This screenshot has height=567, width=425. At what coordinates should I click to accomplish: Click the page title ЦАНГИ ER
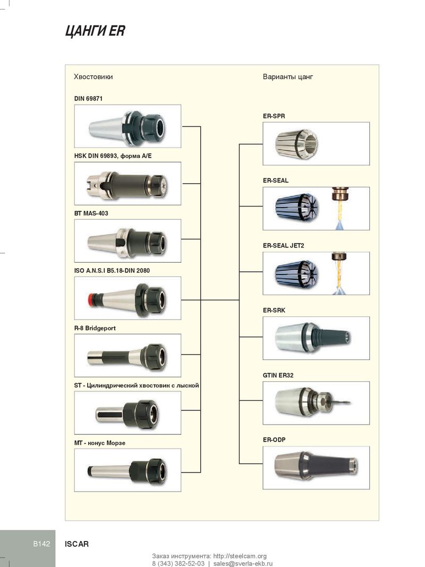point(95,31)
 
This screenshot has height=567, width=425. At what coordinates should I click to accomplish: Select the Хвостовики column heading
point(93,76)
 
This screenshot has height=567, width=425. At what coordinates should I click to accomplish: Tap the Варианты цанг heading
point(288,76)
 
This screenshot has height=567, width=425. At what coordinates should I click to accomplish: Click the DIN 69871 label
point(88,98)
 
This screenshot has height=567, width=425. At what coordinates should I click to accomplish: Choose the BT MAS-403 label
point(91,213)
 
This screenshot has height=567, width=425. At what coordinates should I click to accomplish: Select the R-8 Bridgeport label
point(95,328)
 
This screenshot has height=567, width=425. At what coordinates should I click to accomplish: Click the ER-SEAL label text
point(276,181)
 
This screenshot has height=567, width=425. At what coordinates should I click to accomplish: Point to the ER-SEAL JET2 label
point(284,245)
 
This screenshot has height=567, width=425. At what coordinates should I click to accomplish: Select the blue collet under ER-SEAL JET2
point(297,274)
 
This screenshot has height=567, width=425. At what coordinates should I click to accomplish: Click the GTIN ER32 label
point(278,375)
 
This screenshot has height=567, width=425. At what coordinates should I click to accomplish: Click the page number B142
point(41,544)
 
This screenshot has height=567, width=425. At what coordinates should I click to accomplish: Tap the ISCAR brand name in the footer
point(76,544)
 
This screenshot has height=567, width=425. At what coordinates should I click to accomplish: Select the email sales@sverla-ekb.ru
point(243,563)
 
